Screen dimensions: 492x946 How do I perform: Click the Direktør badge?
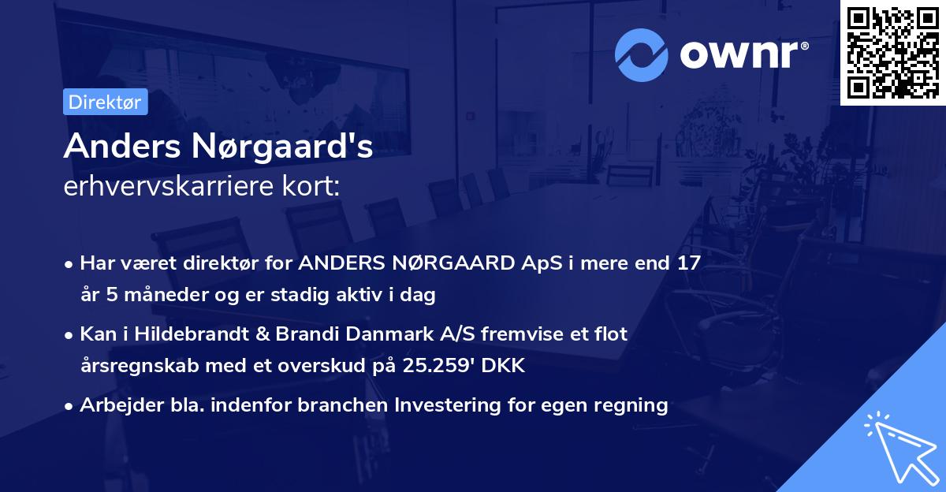(105, 102)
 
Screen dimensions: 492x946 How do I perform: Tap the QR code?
(892, 52)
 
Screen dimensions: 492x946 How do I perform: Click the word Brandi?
(302, 334)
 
